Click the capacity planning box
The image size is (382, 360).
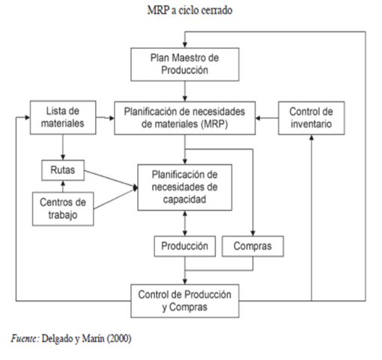click(x=184, y=187)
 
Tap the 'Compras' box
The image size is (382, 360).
click(x=257, y=245)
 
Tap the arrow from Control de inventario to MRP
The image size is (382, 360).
click(x=267, y=117)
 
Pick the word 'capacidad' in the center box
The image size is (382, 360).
click(x=184, y=200)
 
